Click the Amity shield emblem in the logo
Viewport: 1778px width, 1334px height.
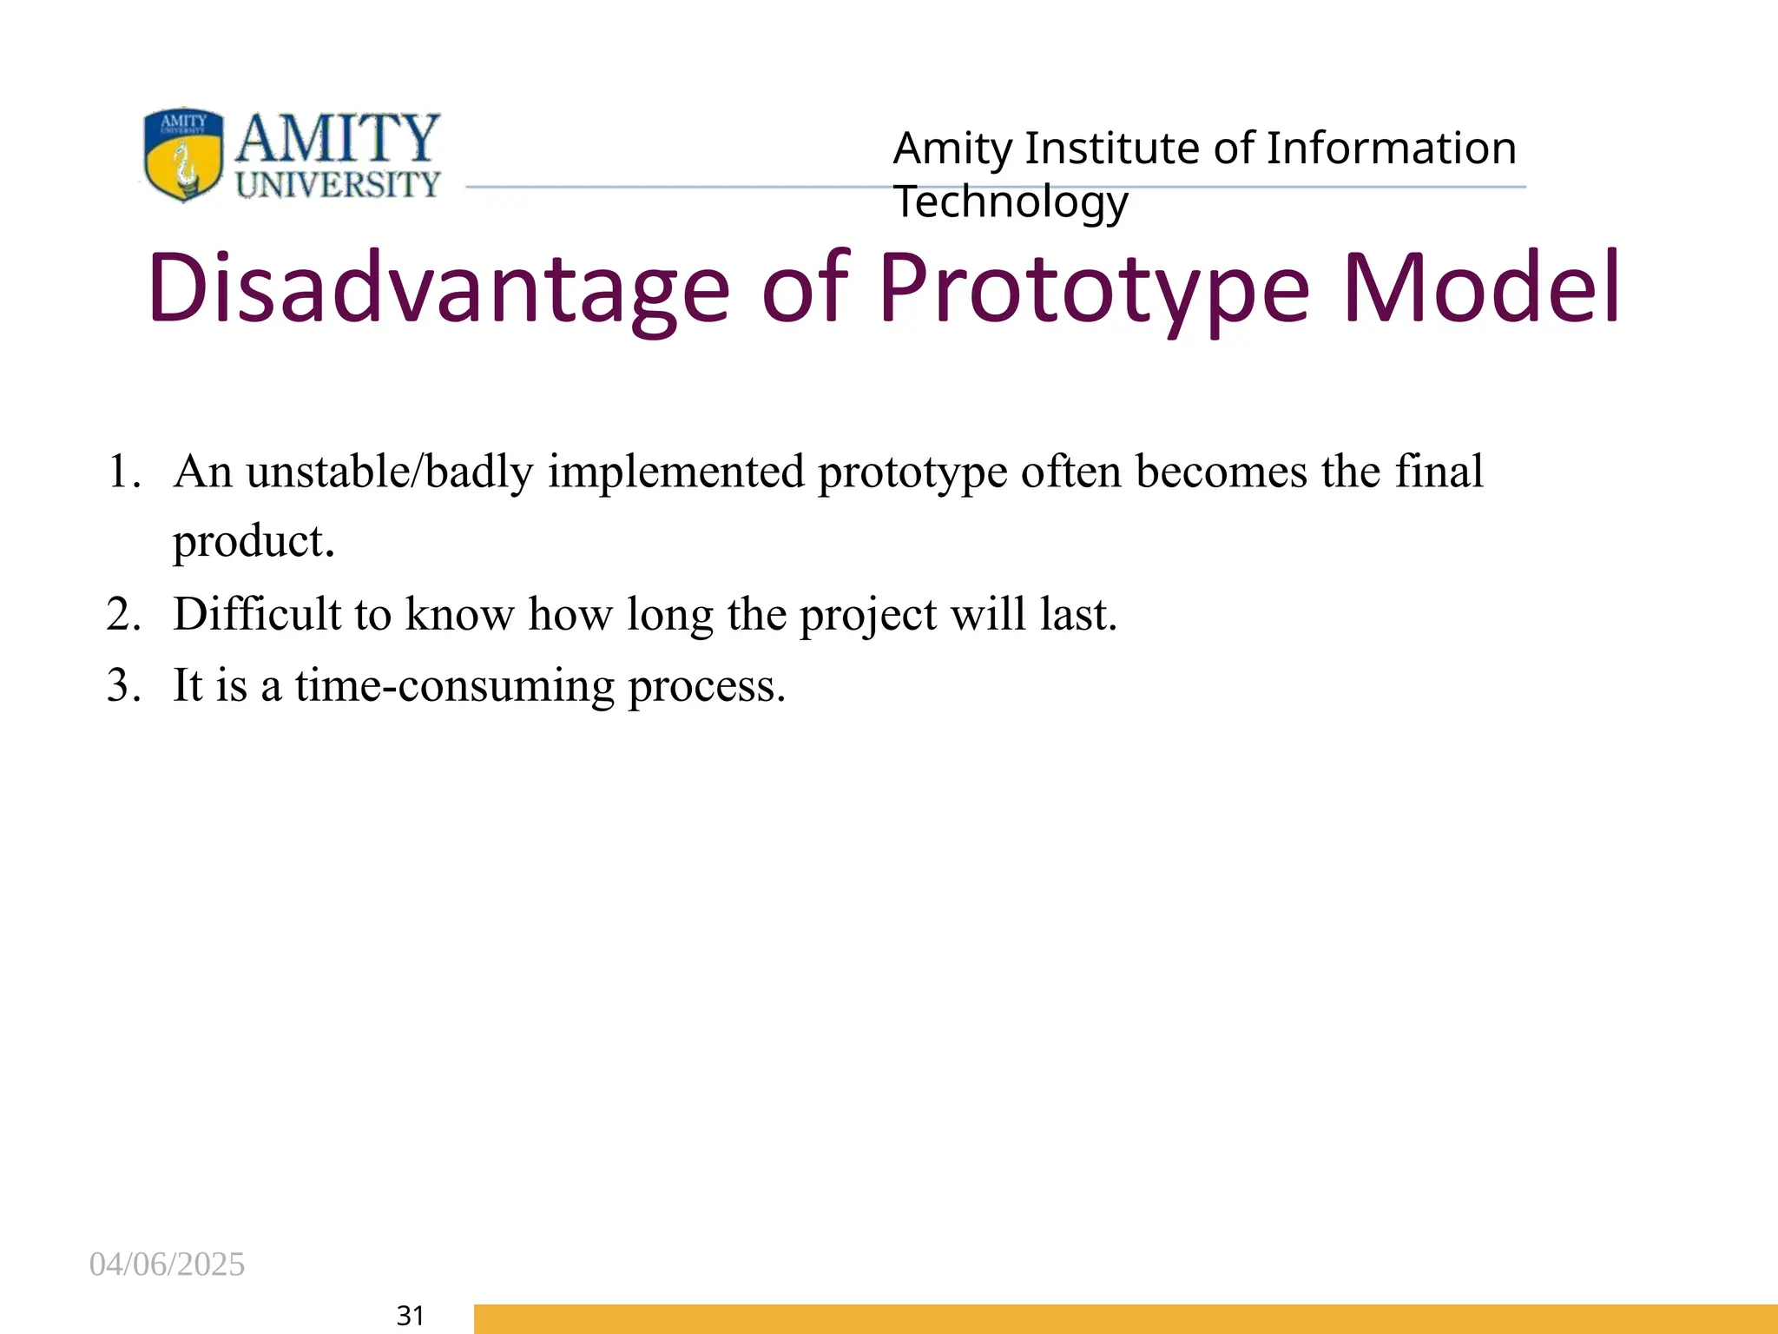click(182, 155)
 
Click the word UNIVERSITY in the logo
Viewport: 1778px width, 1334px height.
click(339, 184)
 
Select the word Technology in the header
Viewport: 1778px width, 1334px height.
click(1011, 202)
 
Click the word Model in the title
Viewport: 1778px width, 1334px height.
click(1481, 288)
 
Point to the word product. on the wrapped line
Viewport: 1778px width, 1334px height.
click(254, 543)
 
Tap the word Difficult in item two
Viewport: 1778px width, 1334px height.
click(258, 614)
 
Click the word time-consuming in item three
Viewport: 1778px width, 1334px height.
click(455, 686)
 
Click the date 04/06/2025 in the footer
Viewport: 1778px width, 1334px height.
click(167, 1265)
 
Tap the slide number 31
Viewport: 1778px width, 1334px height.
click(410, 1316)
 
